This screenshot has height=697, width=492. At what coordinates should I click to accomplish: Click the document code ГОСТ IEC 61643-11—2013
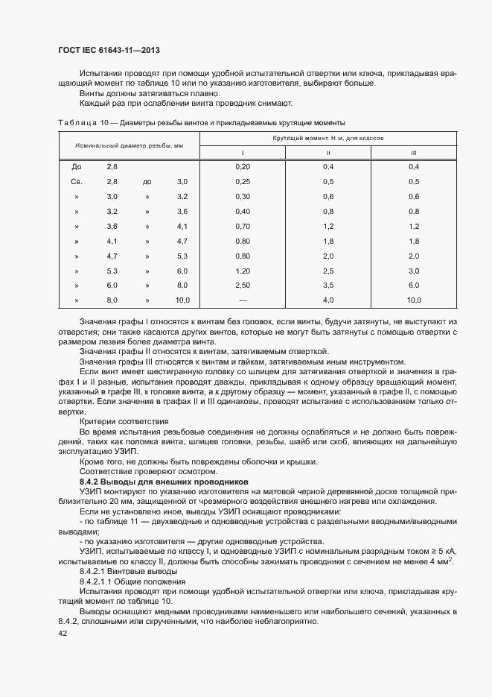109,51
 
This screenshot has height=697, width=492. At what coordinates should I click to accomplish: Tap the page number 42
63,634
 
